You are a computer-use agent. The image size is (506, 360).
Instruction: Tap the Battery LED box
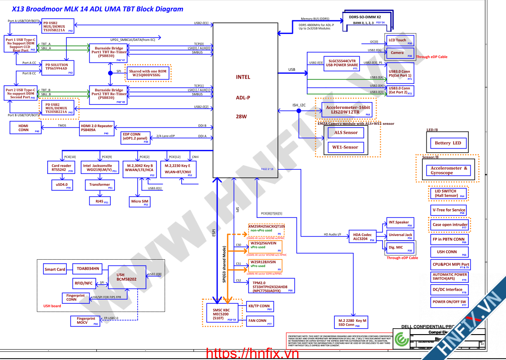(448, 143)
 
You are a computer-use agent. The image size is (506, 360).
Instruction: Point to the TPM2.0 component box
(271, 286)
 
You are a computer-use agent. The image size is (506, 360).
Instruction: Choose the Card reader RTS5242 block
(61, 168)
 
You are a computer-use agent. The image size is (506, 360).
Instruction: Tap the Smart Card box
(55, 269)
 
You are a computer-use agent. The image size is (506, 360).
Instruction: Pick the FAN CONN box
(258, 321)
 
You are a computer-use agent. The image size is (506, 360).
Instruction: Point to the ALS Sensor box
(346, 133)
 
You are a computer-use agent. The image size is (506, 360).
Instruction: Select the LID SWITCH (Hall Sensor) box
(448, 193)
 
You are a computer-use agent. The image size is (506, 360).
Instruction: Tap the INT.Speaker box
(399, 223)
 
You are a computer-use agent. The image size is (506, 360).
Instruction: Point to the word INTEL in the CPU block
(243, 77)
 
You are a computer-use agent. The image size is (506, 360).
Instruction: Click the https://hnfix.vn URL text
(253, 353)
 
